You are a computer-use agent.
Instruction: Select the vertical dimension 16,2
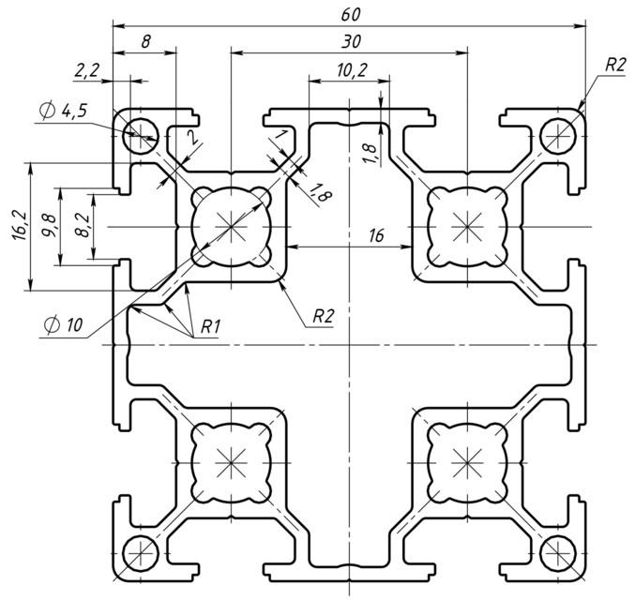click(19, 226)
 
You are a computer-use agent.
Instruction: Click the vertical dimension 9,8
click(49, 226)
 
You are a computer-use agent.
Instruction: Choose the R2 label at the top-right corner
click(614, 65)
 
